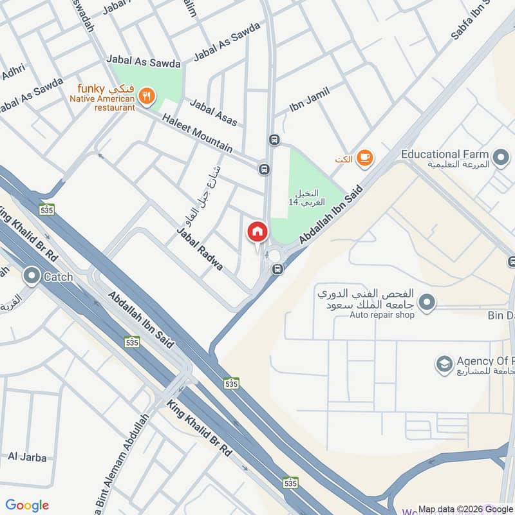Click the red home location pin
pos(257,231)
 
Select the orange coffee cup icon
pos(364,158)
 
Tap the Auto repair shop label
pos(382,314)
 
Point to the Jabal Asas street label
pos(213,112)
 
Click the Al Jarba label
pos(28,458)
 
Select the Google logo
pos(27,505)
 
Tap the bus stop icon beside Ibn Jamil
pos(275,140)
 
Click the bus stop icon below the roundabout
pos(277,269)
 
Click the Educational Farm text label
pos(445,154)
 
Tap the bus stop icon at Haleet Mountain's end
pos(264,169)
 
